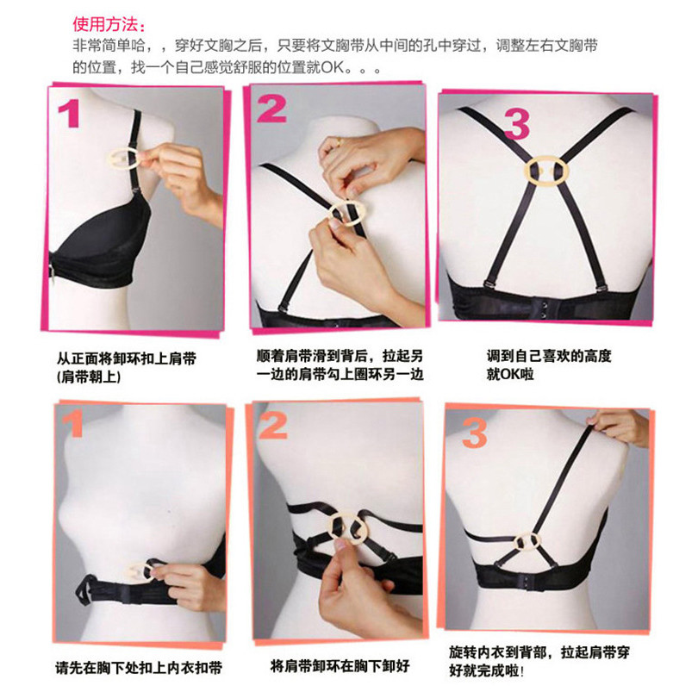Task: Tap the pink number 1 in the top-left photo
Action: (69, 113)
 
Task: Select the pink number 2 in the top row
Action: (271, 109)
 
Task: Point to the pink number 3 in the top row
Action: (517, 125)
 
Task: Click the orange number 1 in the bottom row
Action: (73, 423)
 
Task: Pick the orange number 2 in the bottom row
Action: (272, 426)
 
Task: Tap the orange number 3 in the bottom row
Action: (475, 433)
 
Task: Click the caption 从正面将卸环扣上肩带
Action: (126, 358)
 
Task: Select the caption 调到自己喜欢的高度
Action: (549, 356)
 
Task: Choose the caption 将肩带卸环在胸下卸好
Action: (340, 666)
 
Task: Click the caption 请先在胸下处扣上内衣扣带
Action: (139, 668)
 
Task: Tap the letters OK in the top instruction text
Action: (333, 68)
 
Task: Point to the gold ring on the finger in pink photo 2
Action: (340, 142)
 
